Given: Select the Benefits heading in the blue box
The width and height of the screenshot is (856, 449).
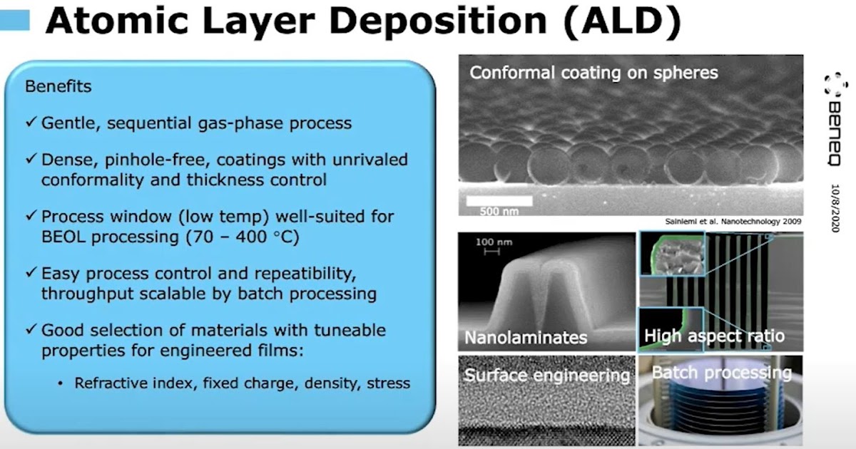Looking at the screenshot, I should [x=58, y=87].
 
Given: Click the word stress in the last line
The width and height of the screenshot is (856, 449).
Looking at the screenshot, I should [x=389, y=383].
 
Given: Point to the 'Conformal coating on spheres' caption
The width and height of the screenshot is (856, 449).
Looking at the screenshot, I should [x=593, y=73].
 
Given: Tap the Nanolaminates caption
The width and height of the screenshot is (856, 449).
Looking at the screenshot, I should [x=526, y=336].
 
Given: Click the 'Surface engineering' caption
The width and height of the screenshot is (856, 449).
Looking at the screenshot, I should [x=547, y=375].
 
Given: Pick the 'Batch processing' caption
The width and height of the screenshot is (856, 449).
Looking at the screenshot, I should [x=721, y=373].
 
